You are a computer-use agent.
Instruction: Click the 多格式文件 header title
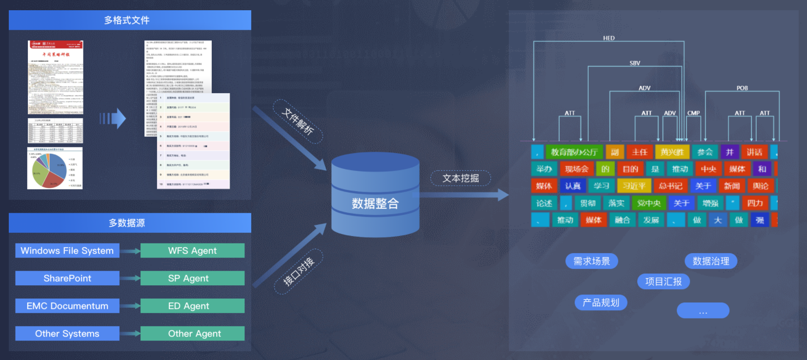click(x=127, y=20)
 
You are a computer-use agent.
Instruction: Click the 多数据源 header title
click(x=127, y=223)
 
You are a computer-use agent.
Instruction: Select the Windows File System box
click(x=67, y=251)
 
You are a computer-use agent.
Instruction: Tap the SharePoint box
click(x=67, y=278)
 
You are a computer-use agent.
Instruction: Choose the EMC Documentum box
click(x=67, y=306)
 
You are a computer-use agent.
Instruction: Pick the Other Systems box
click(x=67, y=334)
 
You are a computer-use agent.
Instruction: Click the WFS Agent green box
click(x=192, y=251)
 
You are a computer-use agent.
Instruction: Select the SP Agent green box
click(x=192, y=278)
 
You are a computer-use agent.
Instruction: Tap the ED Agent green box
click(x=192, y=306)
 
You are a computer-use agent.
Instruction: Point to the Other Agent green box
click(x=192, y=334)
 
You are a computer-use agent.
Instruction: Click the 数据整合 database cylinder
click(x=375, y=195)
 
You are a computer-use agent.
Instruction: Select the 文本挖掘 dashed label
click(x=461, y=179)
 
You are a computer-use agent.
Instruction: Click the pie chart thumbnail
click(x=55, y=168)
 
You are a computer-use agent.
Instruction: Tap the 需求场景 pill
click(x=592, y=261)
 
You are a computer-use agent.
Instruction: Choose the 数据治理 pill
click(x=711, y=261)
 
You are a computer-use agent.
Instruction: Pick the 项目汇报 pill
click(x=664, y=281)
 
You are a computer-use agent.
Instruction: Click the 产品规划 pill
click(x=601, y=302)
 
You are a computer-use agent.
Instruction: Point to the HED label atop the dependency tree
click(x=609, y=38)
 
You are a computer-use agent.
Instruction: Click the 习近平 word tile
click(x=634, y=186)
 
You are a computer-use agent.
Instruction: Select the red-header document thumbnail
click(x=56, y=77)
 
